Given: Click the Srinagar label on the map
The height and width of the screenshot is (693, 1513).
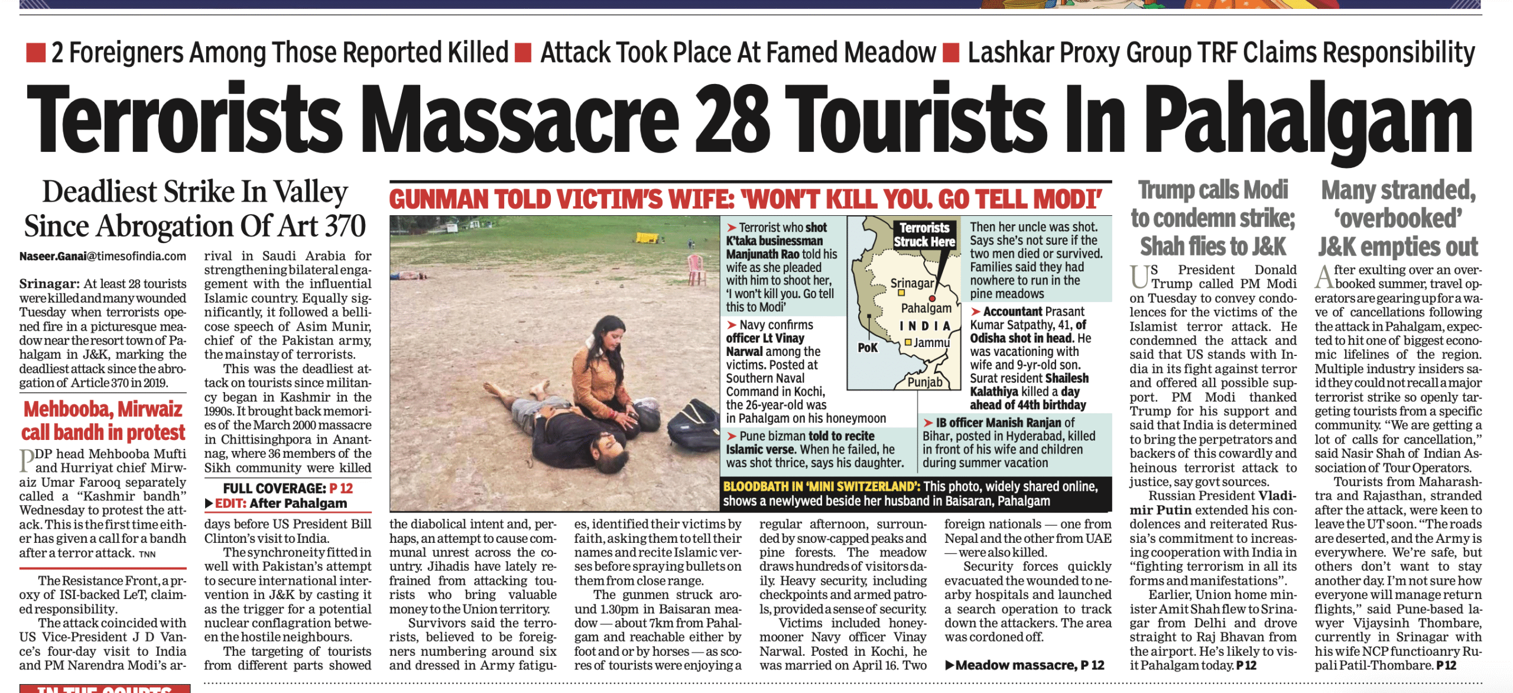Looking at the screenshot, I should coord(912,283).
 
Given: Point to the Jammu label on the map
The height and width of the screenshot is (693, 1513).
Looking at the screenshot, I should coord(931,343).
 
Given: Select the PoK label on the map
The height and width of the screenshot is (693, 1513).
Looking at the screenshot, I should coord(868,348).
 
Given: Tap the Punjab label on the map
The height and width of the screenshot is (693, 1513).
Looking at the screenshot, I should coord(925,382).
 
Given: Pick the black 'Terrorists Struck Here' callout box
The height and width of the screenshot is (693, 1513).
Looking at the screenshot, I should coord(924,235).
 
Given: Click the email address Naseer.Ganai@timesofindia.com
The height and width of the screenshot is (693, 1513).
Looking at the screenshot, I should coord(102,256).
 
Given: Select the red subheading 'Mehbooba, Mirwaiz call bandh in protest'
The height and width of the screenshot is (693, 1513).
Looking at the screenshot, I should coord(103,420).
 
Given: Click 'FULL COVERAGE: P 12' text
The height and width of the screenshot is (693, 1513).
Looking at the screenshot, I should coord(287,488).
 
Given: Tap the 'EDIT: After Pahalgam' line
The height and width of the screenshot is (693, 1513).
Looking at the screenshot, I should coord(280,503).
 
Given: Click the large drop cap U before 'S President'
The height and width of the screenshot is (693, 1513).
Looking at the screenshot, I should coord(1139,277).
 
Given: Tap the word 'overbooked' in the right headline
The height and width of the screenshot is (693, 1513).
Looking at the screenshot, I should coord(1397,218).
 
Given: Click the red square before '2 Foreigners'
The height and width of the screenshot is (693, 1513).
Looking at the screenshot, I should coord(35,53).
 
